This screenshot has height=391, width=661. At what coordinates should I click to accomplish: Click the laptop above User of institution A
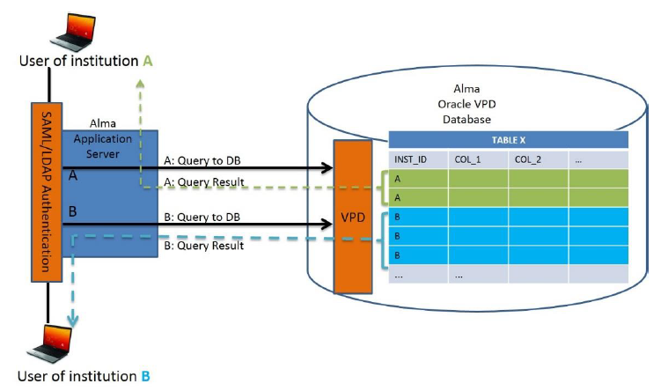[73, 33]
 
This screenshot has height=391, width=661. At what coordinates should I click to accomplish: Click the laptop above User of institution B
[50, 343]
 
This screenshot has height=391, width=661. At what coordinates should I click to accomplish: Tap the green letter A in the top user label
[148, 61]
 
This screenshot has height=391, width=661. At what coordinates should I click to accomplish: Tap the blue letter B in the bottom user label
[145, 376]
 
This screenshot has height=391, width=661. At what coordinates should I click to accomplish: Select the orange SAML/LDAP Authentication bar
[47, 192]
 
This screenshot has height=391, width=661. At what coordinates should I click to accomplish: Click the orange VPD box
[353, 217]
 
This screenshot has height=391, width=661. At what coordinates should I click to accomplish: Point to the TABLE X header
[509, 140]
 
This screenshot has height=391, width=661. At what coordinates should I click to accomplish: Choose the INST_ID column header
[410, 159]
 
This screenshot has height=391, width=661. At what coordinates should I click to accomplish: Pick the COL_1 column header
[468, 159]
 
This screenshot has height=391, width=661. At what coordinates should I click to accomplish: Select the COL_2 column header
[528, 159]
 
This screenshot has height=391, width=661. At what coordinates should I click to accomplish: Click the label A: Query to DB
[202, 160]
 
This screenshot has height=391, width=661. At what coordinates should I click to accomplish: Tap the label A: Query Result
[204, 181]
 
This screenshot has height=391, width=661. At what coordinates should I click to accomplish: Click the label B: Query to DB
[202, 218]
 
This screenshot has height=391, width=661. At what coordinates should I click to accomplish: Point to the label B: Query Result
[204, 246]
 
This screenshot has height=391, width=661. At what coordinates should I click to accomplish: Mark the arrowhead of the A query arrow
[327, 168]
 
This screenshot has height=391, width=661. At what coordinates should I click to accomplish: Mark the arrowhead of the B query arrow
[327, 224]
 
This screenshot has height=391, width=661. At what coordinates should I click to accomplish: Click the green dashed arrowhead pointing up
[140, 84]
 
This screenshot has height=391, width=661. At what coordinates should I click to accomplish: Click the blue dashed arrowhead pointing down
[73, 321]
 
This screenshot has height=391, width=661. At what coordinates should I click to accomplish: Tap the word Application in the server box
[103, 139]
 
